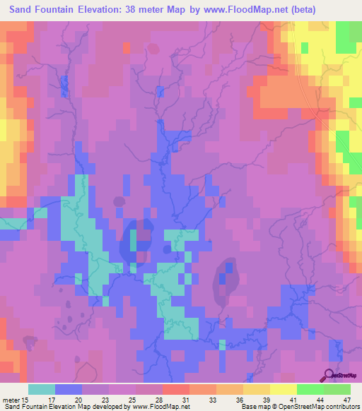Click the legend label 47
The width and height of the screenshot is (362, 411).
click(x=337, y=400)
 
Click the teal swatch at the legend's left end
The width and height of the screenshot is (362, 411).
click(x=42, y=389)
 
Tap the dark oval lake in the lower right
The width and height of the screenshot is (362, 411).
click(x=226, y=280)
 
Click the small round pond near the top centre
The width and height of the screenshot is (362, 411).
click(x=153, y=49)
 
